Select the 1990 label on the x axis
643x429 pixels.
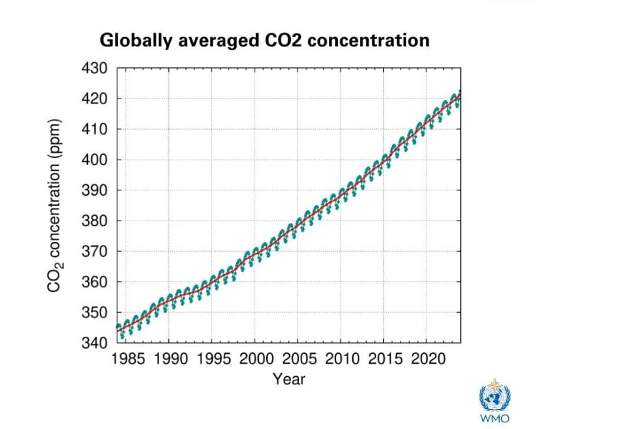(x=168, y=359)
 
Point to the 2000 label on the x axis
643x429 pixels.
(x=254, y=359)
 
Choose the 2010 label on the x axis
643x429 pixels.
(x=340, y=359)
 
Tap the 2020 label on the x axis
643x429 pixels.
(x=426, y=359)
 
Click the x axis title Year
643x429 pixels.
(x=289, y=379)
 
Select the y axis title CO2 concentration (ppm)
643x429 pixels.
(x=55, y=205)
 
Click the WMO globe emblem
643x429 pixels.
(x=495, y=396)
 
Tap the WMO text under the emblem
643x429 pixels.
(x=495, y=419)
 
